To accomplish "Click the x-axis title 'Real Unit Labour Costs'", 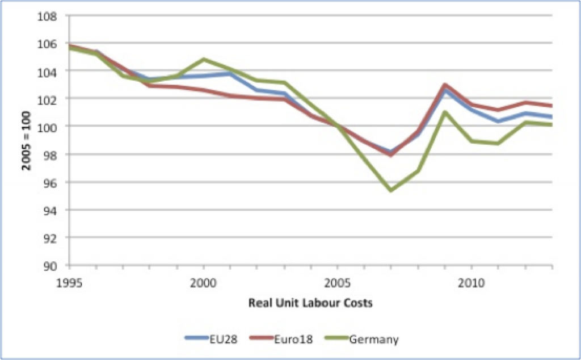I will (310, 303).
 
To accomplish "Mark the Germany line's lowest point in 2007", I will (391, 190).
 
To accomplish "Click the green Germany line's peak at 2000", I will (204, 59).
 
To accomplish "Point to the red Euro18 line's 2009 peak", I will (445, 85).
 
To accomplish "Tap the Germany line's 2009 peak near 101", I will (445, 112).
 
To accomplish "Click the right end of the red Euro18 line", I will (551, 106).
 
